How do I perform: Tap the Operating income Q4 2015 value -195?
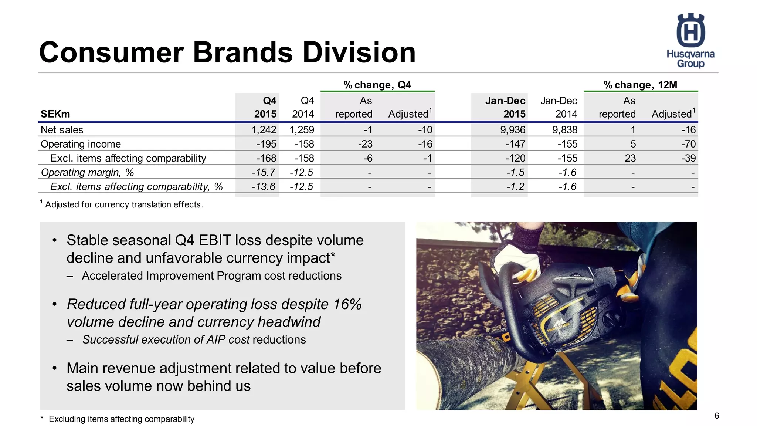(266, 144)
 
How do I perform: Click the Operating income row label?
(81, 144)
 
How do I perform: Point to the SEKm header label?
(55, 114)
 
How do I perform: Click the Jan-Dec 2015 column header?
(505, 107)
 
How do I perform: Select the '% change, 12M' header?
(640, 85)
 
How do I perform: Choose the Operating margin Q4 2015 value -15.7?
(264, 172)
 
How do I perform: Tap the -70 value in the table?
(688, 144)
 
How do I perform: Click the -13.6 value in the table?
(264, 186)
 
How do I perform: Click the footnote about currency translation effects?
(123, 204)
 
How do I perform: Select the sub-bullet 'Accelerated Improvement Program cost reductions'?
(211, 276)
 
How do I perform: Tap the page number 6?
(716, 416)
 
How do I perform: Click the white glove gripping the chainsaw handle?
(517, 255)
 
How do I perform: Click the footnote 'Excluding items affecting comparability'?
(121, 419)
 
